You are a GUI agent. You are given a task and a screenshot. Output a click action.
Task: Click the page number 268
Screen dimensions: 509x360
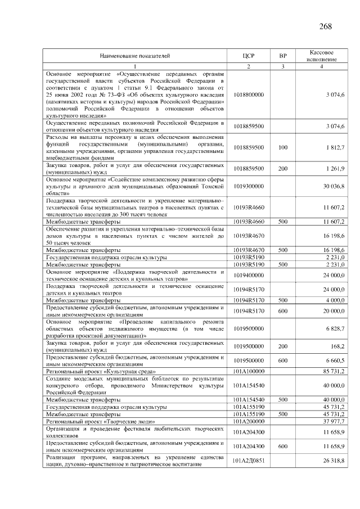(325, 26)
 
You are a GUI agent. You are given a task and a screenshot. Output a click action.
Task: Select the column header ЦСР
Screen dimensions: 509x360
(249, 56)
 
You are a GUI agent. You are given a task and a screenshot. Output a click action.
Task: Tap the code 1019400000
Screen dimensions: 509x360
(249, 276)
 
